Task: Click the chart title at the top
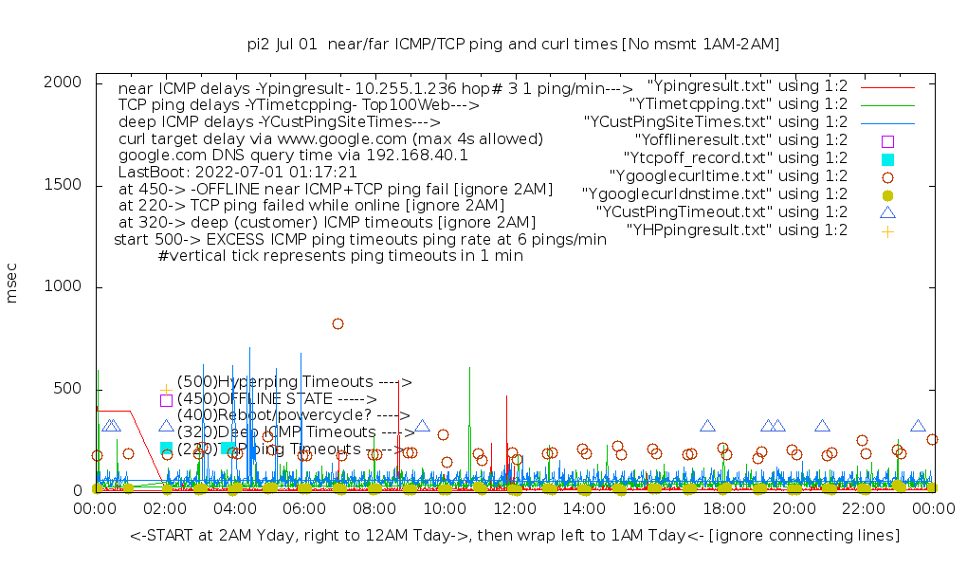coord(513,44)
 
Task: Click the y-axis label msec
coord(12,284)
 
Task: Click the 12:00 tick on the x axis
coord(514,510)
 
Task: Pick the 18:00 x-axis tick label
coord(723,510)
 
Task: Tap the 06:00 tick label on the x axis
coord(304,510)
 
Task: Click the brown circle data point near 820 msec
coord(338,323)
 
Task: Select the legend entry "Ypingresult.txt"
coord(747,85)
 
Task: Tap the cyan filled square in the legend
coord(887,158)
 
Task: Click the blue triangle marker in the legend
coord(887,212)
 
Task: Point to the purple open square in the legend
coord(887,140)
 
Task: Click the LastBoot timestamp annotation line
coord(237,172)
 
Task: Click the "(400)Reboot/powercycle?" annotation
coord(283,415)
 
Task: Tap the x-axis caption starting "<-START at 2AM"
coord(515,536)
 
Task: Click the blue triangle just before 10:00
coord(422,427)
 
